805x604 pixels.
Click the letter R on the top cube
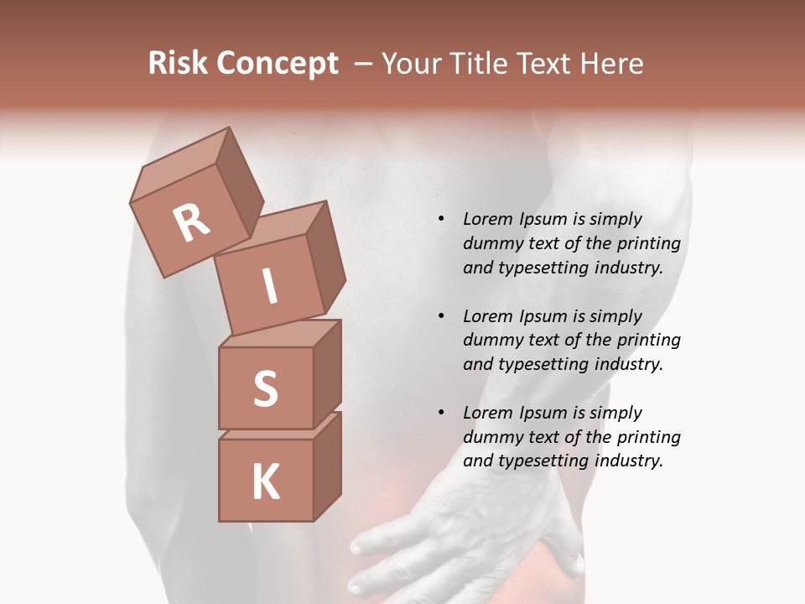[x=191, y=223]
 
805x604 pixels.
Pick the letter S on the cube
[x=265, y=389]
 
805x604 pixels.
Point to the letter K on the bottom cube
[x=265, y=482]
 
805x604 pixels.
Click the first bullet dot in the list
[x=441, y=220]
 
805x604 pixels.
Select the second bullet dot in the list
[x=441, y=317]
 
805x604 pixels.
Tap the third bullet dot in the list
[x=441, y=414]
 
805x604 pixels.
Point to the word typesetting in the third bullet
[x=540, y=461]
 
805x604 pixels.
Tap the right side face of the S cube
[x=327, y=373]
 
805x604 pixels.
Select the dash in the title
[x=364, y=64]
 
